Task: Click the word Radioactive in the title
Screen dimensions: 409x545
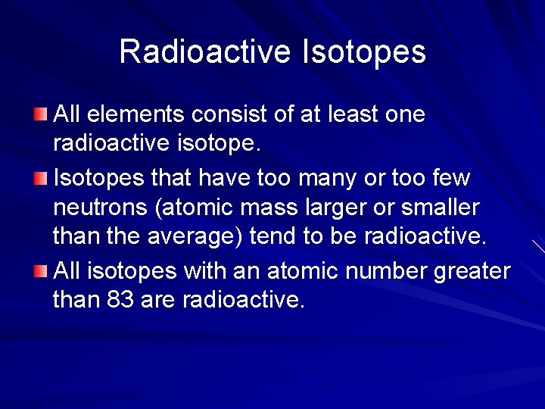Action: pos(205,52)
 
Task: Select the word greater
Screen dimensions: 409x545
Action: pos(472,270)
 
